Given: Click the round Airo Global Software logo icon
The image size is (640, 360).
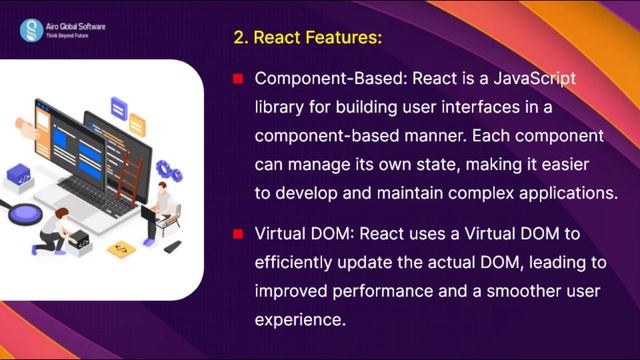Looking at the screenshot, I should tap(31, 27).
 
